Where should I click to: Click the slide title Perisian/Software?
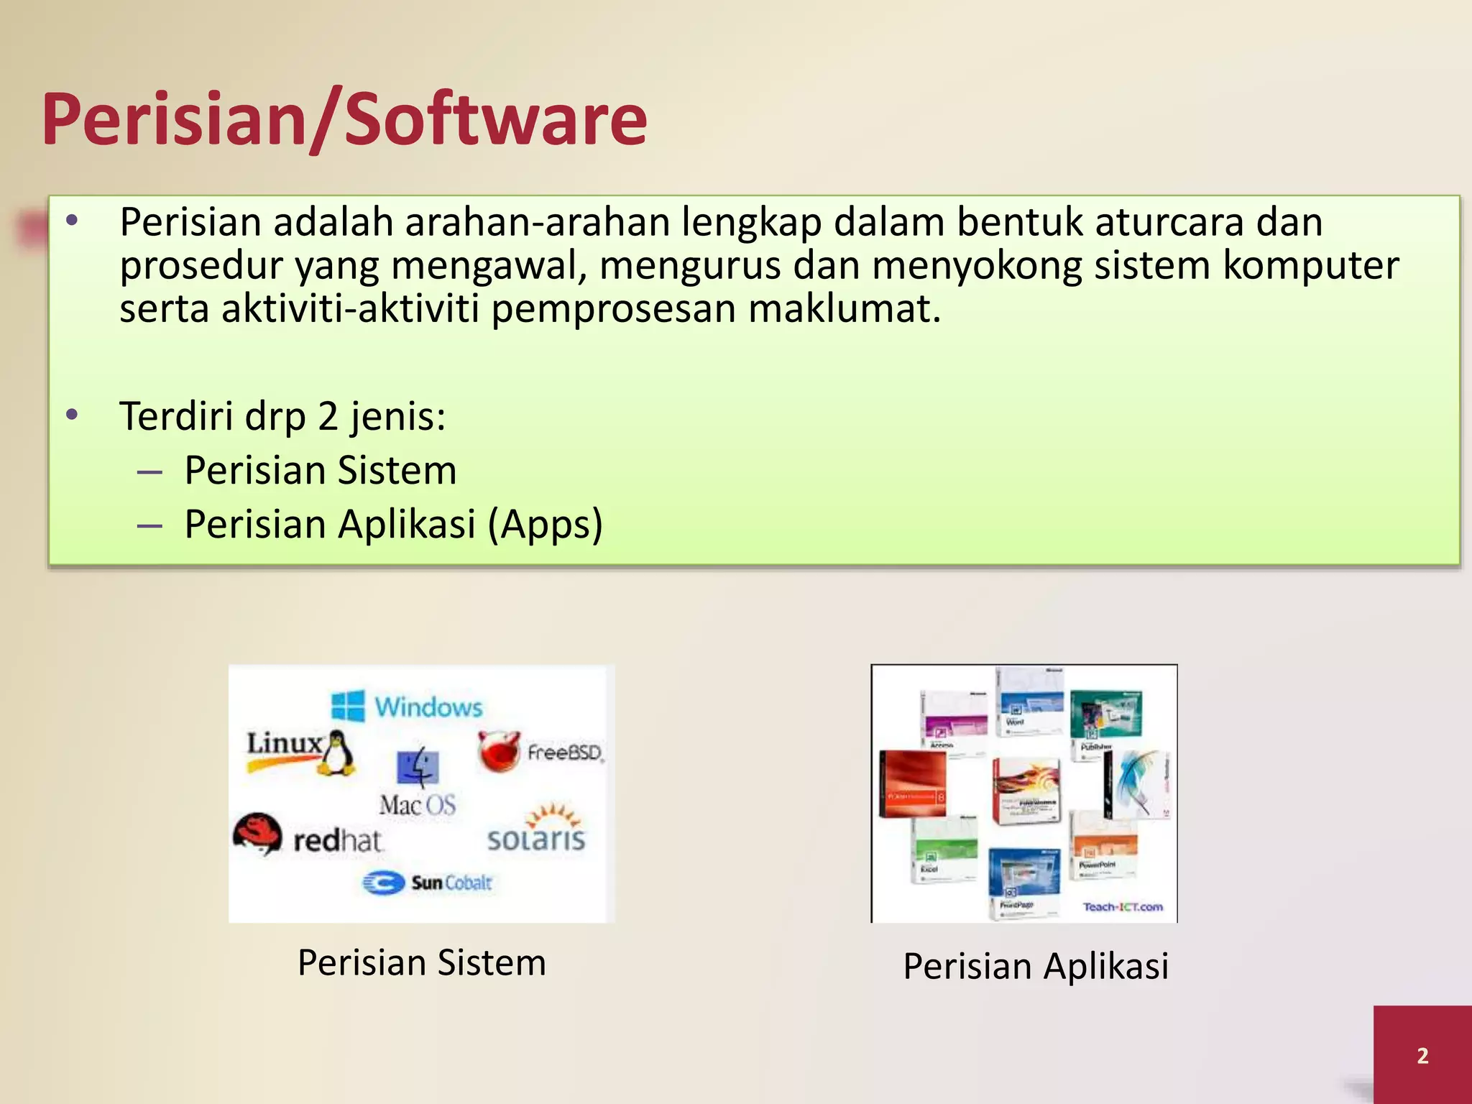click(344, 119)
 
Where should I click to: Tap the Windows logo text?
click(428, 707)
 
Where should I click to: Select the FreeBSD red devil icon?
click(498, 751)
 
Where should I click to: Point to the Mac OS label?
click(418, 804)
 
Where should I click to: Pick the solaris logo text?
click(536, 838)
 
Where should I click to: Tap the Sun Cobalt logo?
click(428, 883)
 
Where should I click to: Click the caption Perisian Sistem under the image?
click(422, 962)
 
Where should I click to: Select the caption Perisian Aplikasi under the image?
click(1036, 965)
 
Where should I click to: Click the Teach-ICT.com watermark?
click(1123, 907)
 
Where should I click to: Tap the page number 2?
click(1422, 1056)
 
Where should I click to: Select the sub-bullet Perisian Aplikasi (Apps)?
click(393, 524)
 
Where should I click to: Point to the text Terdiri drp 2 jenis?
click(282, 416)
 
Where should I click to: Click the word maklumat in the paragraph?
click(844, 309)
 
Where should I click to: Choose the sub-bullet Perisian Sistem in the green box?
click(321, 470)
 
